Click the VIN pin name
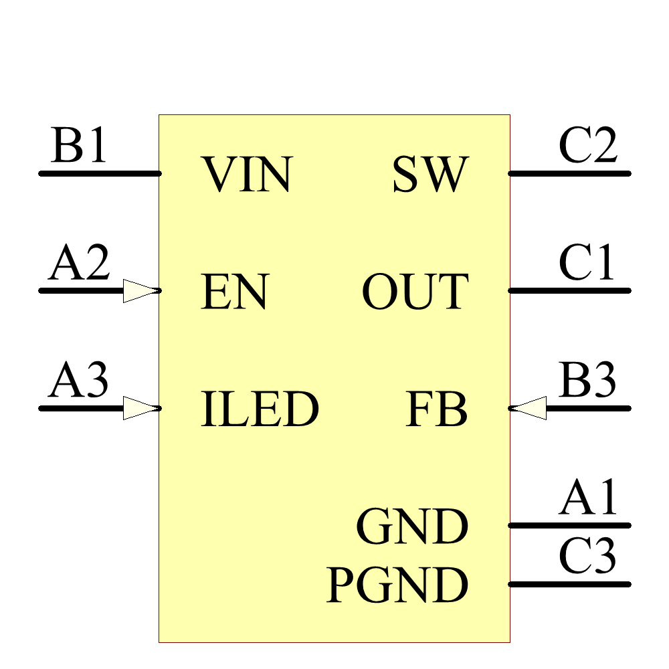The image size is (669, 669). tap(248, 175)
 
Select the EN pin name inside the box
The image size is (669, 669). tap(234, 292)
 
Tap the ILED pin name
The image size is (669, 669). tap(260, 409)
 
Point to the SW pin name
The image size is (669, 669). tap(430, 175)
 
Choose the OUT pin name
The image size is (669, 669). tap(415, 292)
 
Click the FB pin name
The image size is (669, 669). tap(436, 409)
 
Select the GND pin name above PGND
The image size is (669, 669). tap(412, 527)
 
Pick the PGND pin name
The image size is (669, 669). tap(397, 585)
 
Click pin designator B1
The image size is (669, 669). tap(79, 147)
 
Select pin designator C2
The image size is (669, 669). tap(588, 147)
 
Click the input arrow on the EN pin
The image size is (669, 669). tap(140, 291)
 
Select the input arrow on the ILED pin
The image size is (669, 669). tap(140, 408)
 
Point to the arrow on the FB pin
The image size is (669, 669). tap(529, 408)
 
